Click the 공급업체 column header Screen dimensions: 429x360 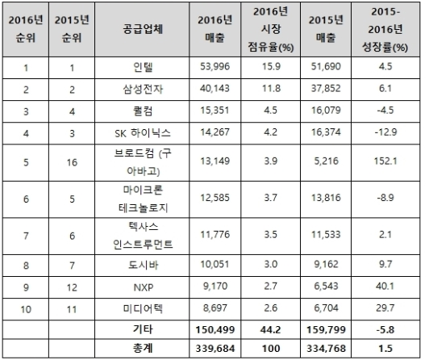(x=143, y=29)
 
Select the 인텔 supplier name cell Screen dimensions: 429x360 (x=143, y=67)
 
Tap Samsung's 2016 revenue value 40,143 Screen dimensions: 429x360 (x=215, y=89)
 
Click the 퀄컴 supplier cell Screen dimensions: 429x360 (x=143, y=111)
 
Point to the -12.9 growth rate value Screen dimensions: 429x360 (x=385, y=132)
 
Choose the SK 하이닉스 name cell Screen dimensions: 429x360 (x=143, y=133)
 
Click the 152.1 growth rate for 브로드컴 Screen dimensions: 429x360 (x=385, y=161)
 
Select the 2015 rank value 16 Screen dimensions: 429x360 (x=72, y=162)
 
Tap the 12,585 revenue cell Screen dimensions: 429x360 (x=215, y=198)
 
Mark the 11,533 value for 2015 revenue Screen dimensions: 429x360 (x=326, y=235)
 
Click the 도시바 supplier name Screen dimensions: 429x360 (x=143, y=265)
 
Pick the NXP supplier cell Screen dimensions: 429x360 (x=143, y=287)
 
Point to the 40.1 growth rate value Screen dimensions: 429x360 (x=385, y=287)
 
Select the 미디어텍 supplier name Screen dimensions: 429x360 (x=143, y=309)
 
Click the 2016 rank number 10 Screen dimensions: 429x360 (x=26, y=310)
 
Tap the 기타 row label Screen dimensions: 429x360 (x=143, y=329)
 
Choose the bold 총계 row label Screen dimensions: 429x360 (x=143, y=348)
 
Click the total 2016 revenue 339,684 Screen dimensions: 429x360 (x=215, y=349)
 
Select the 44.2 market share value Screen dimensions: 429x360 (x=271, y=329)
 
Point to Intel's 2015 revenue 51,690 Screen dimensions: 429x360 (x=326, y=66)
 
